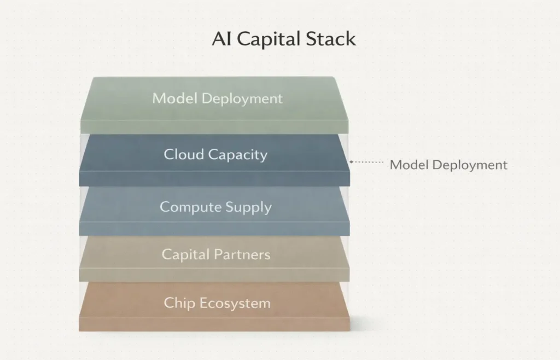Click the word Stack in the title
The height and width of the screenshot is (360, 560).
point(332,39)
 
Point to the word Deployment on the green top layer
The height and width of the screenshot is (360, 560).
point(242,99)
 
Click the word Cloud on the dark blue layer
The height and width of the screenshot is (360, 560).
point(184,154)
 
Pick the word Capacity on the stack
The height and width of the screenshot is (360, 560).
point(238,155)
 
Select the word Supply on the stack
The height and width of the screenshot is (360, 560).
point(247,208)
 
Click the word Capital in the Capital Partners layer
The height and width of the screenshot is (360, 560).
point(186,254)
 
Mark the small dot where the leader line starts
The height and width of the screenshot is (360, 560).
point(351,162)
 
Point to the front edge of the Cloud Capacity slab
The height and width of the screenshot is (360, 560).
point(214,178)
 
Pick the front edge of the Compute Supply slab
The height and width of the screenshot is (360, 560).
point(214,229)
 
